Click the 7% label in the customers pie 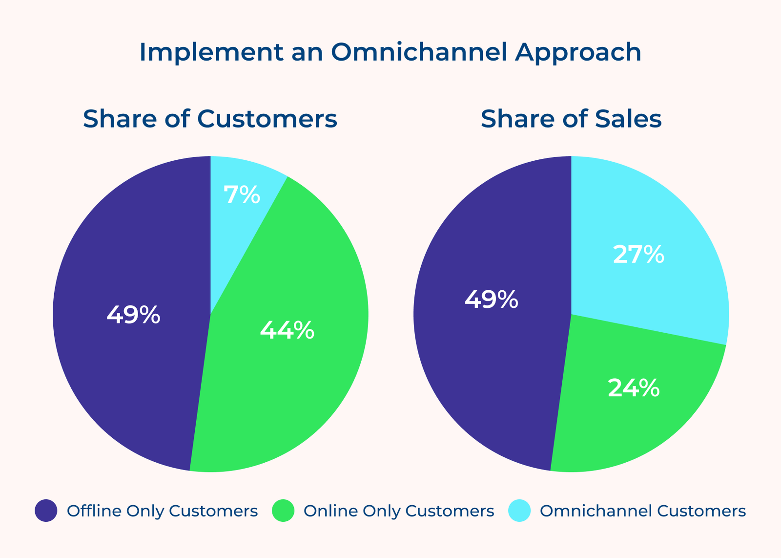point(242,195)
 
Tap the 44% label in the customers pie point(287,330)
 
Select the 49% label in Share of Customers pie point(133,315)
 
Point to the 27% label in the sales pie point(638,255)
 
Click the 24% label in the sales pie point(634,388)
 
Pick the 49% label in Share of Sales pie point(491,300)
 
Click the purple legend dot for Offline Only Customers point(46,511)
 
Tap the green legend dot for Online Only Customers point(283,511)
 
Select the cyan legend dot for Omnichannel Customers point(519,511)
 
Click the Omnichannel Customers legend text point(642,511)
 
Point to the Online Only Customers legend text point(398,511)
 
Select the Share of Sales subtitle point(571,119)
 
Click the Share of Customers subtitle point(210,119)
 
